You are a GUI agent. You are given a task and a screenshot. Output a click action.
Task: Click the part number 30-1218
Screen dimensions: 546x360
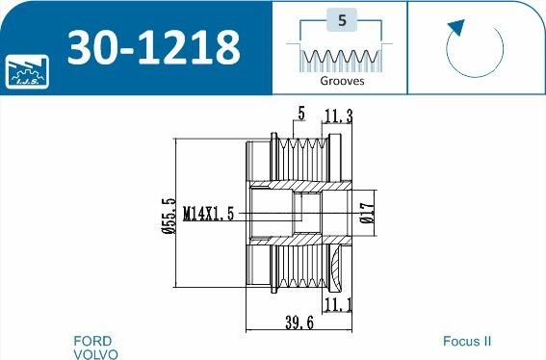click(x=153, y=47)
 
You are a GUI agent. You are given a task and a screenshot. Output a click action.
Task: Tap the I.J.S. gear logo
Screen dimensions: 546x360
click(x=27, y=71)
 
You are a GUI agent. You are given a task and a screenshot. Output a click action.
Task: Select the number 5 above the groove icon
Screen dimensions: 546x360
click(x=342, y=20)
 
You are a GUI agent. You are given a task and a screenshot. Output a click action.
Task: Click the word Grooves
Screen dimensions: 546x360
click(x=342, y=81)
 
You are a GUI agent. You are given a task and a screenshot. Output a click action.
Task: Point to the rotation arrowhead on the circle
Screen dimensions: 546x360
click(x=456, y=28)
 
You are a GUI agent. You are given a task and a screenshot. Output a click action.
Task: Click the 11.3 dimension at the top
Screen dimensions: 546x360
click(x=338, y=116)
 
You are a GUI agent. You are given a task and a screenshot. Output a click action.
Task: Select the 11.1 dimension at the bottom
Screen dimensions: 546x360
click(x=337, y=304)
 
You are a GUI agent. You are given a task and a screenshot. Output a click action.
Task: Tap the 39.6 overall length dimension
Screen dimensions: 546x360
click(x=299, y=322)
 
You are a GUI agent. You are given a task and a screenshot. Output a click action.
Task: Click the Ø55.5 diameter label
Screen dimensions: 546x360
click(x=169, y=216)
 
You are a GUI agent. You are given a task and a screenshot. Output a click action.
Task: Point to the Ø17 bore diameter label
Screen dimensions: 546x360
click(x=368, y=213)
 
